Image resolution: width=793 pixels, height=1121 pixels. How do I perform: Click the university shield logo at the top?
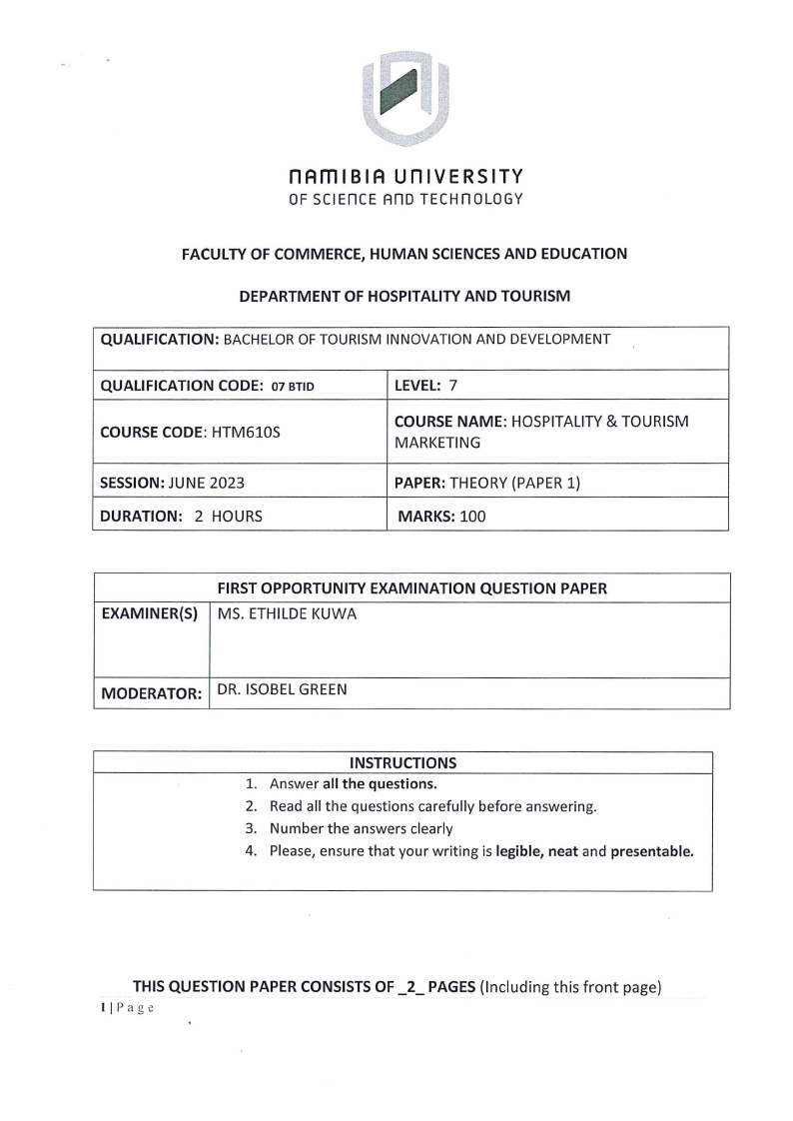(x=405, y=97)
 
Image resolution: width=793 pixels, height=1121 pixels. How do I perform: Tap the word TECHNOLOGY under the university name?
(x=473, y=199)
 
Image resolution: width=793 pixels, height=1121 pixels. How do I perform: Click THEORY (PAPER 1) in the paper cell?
(x=515, y=483)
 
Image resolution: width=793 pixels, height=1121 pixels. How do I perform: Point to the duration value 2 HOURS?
(x=221, y=517)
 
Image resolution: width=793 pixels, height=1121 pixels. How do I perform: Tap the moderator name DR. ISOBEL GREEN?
(x=283, y=688)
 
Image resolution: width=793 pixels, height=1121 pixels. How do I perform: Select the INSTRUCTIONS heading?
(x=402, y=762)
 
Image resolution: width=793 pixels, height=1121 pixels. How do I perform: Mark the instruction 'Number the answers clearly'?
(x=361, y=828)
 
